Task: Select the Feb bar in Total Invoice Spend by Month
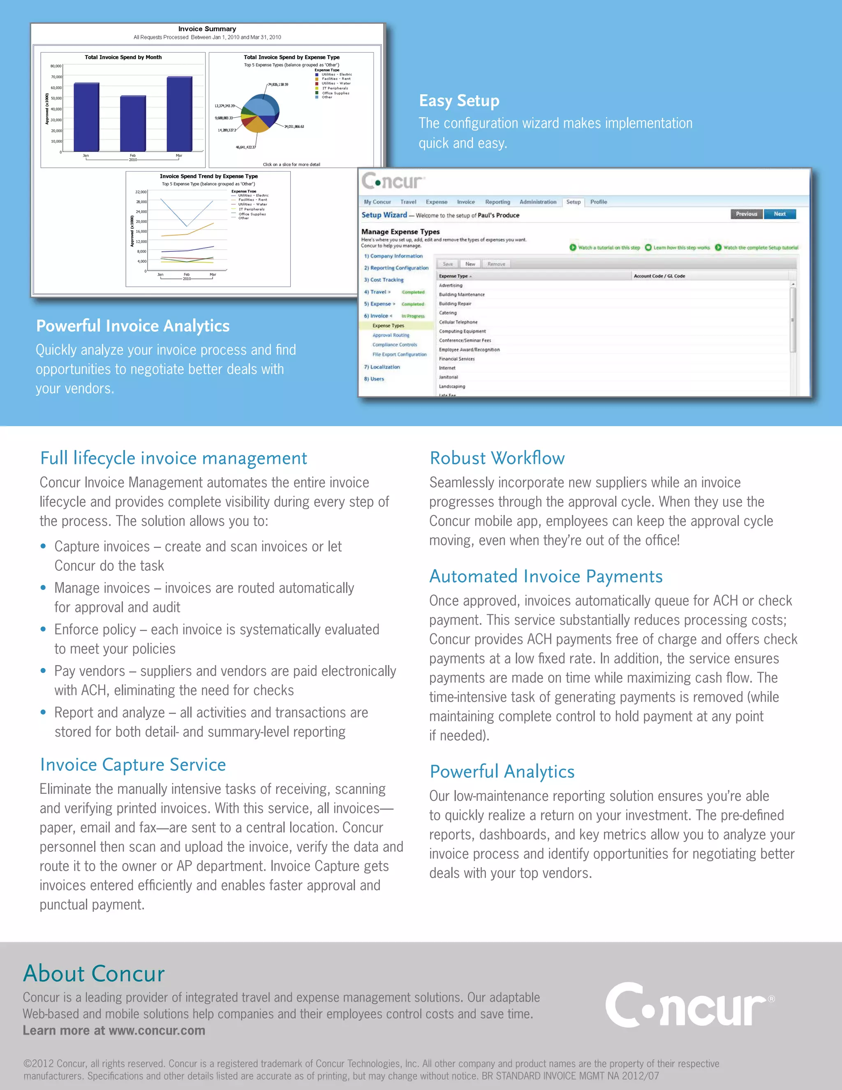(x=133, y=123)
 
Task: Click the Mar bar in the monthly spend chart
(x=179, y=114)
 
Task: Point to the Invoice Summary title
(x=207, y=29)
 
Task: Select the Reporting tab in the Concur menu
(x=497, y=202)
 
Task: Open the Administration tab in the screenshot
(x=538, y=202)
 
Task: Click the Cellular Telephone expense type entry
(x=458, y=322)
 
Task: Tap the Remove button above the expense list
(x=496, y=264)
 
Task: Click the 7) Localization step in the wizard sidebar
(x=382, y=367)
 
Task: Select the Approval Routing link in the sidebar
(x=391, y=335)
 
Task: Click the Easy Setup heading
(x=459, y=101)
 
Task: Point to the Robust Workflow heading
(x=497, y=458)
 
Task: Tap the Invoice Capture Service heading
(x=133, y=765)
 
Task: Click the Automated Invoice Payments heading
(x=546, y=576)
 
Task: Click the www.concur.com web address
(x=157, y=1031)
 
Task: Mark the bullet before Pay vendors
(x=44, y=671)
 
